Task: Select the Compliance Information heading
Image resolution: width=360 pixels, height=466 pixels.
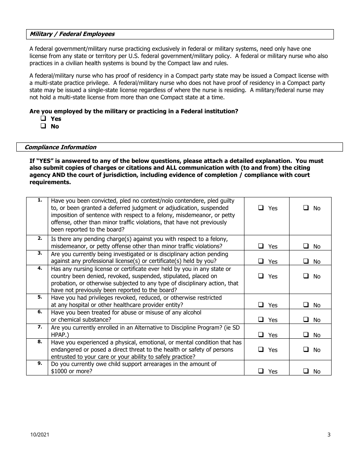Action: coord(60,147)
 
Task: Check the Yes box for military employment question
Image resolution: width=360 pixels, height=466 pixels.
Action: coord(44,119)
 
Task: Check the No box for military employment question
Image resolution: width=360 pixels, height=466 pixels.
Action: coord(44,126)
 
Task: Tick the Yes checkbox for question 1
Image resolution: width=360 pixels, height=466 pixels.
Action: coord(261,208)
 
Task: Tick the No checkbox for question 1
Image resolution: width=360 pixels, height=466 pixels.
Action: coord(306,208)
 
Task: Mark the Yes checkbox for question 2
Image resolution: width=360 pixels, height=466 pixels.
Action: coord(261,246)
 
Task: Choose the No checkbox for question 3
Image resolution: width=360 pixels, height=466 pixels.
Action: coord(306,261)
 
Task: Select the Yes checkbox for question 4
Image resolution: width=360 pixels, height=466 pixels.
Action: coord(261,276)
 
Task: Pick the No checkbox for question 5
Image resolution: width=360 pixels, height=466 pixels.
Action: coord(306,305)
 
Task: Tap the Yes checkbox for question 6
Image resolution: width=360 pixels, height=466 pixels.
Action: coord(261,320)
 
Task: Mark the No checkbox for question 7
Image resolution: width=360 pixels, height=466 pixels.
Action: coord(306,335)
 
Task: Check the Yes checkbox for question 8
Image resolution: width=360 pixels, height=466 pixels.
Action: coord(261,350)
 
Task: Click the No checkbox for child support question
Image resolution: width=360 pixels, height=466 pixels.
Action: coord(306,371)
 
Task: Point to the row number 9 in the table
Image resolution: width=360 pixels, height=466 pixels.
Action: coord(40,363)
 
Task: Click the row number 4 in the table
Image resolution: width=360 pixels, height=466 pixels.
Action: coord(40,268)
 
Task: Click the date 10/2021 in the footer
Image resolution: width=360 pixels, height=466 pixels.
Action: coord(40,435)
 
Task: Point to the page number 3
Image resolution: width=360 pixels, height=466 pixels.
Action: coord(329,435)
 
